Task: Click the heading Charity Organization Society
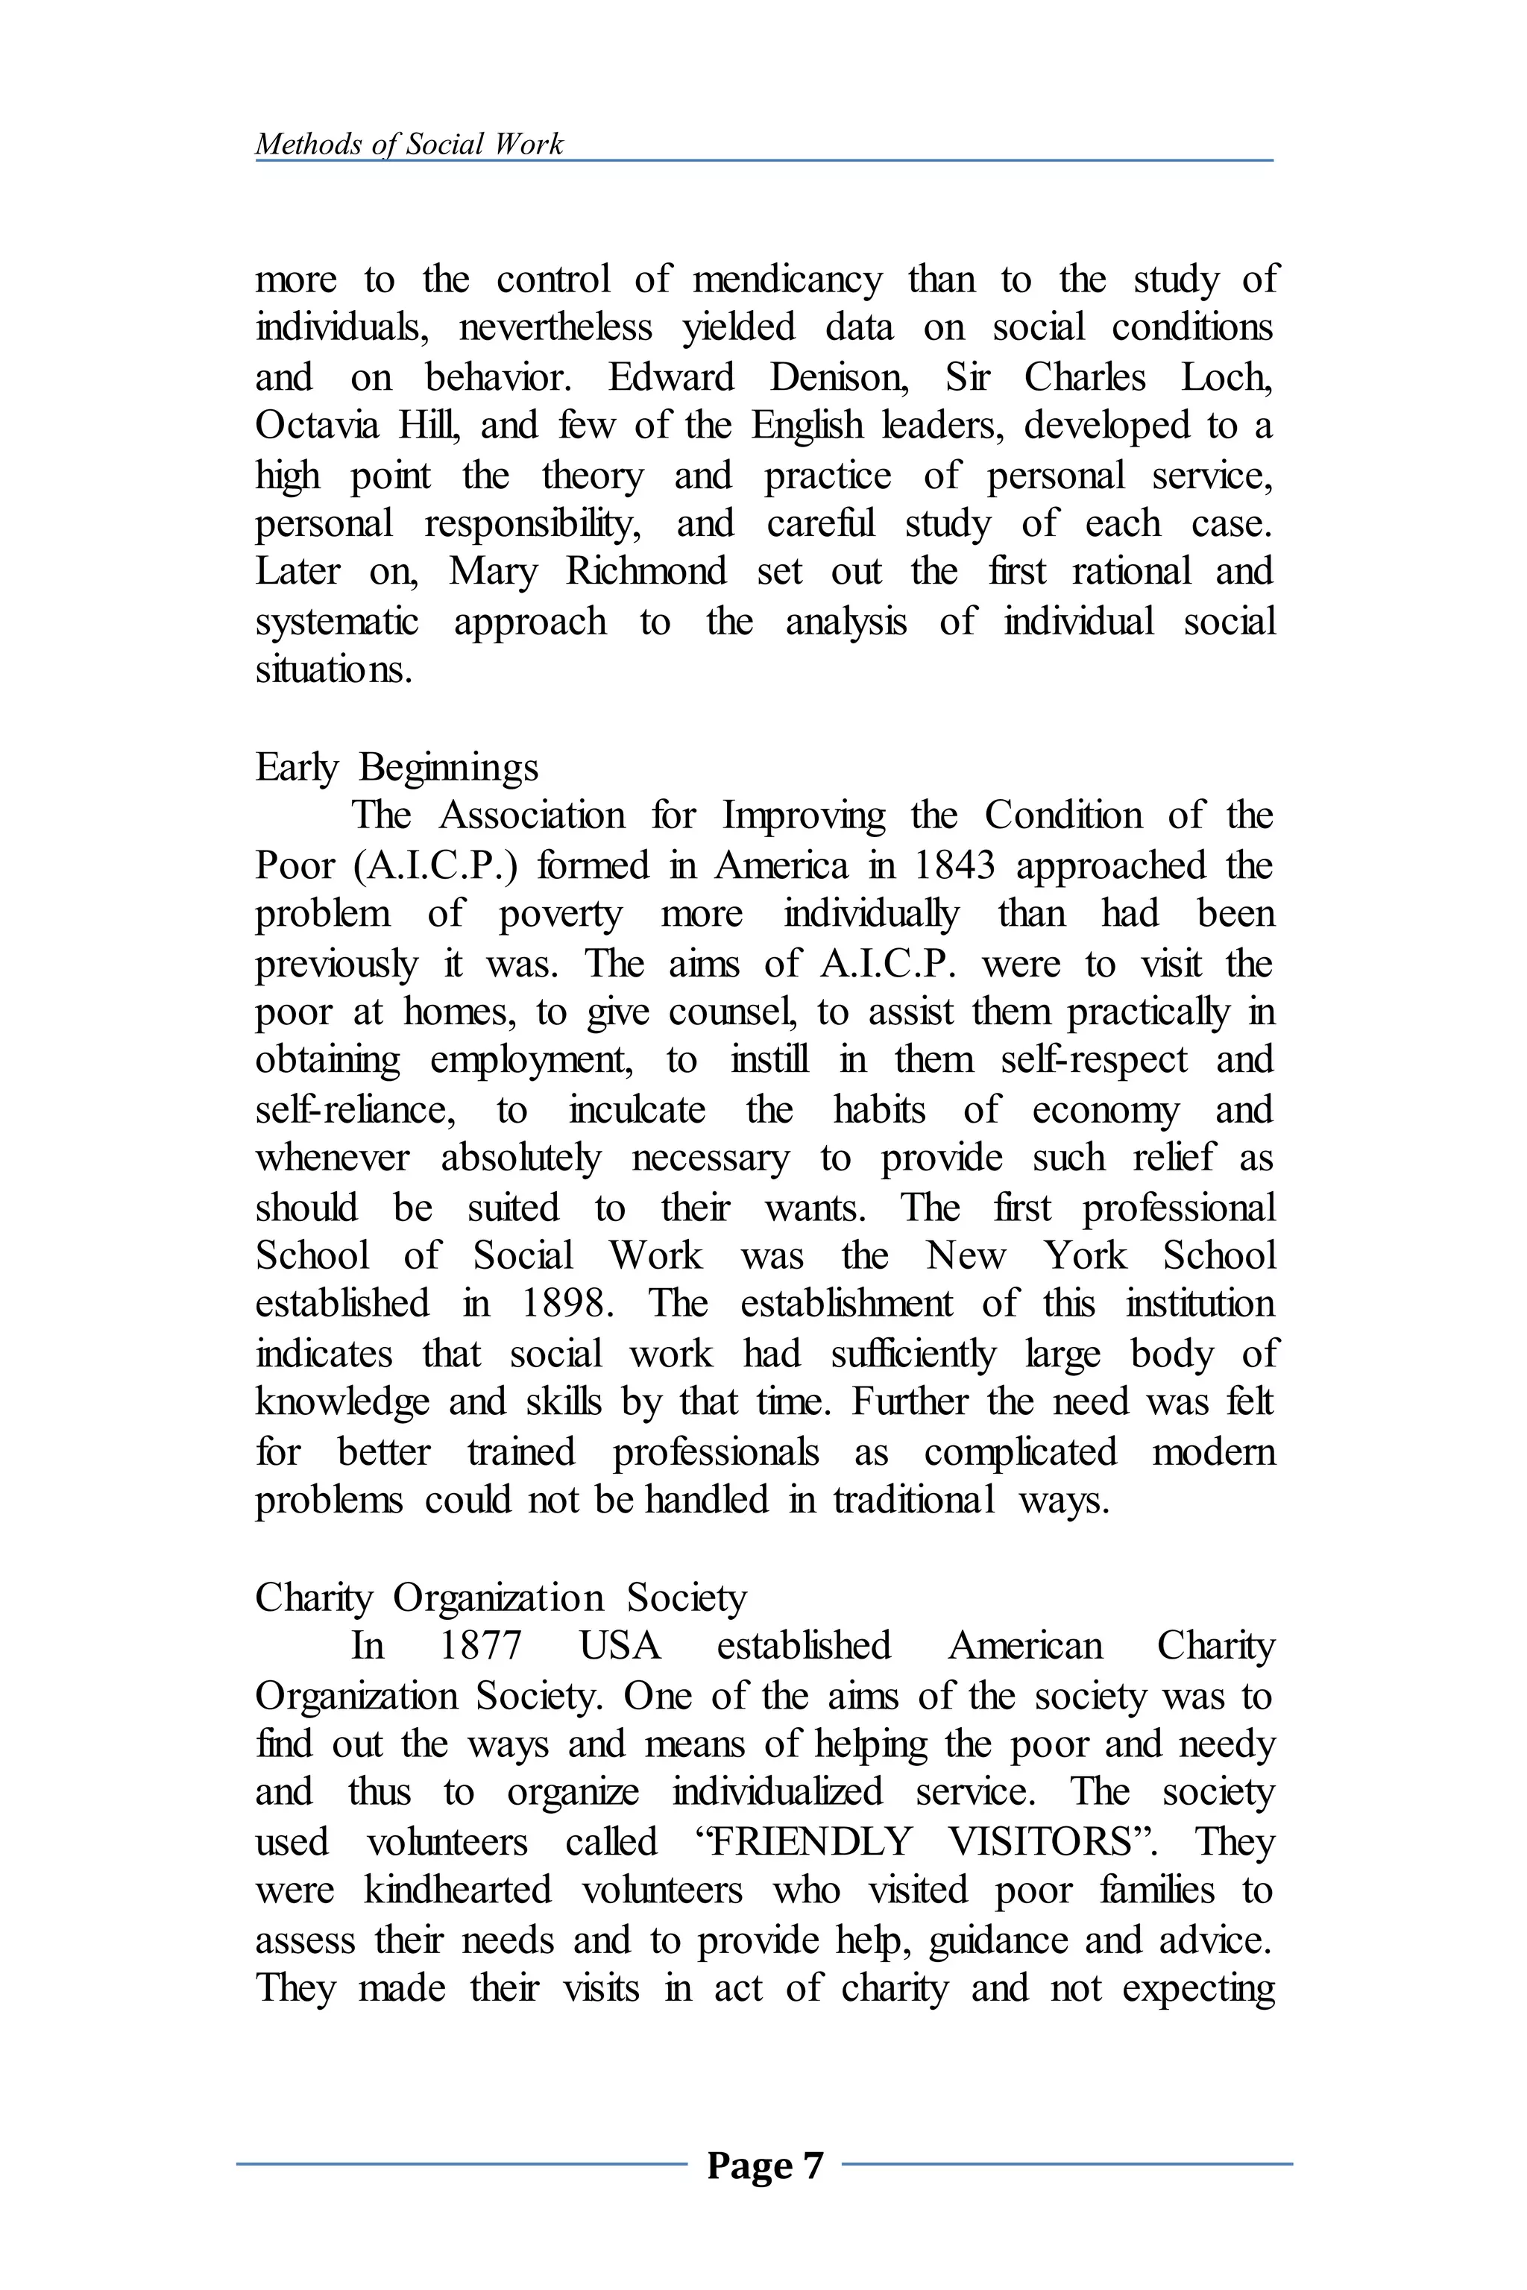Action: click(x=500, y=1597)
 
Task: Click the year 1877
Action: click(x=481, y=1645)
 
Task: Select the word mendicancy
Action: click(x=786, y=280)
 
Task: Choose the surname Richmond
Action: click(x=646, y=572)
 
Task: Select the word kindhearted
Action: click(x=458, y=1890)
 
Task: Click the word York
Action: click(x=1085, y=1255)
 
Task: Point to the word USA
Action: click(x=620, y=1645)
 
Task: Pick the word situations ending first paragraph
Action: click(x=333, y=670)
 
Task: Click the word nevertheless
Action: click(x=555, y=328)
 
